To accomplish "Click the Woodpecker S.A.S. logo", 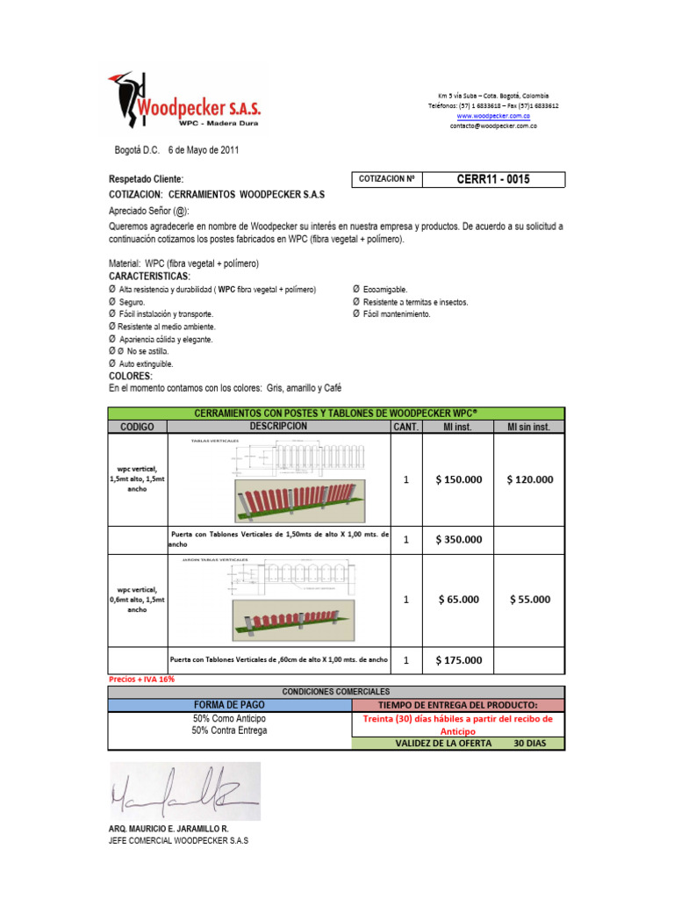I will [184, 104].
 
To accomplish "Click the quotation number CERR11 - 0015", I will [493, 180].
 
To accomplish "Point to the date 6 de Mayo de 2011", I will [203, 150].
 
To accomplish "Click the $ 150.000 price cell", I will [458, 480].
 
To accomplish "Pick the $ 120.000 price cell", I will [530, 480].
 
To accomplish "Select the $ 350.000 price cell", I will [458, 540].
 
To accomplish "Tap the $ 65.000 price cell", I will [458, 600].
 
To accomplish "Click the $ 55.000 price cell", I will [530, 600].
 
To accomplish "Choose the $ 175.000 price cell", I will [458, 660].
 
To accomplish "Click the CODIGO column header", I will [137, 427].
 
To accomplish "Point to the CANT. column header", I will [406, 427].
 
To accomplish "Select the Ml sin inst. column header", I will [530, 427].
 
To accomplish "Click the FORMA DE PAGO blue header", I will [230, 705].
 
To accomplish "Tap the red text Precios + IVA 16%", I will [141, 680].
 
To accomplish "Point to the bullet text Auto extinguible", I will [146, 363].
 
